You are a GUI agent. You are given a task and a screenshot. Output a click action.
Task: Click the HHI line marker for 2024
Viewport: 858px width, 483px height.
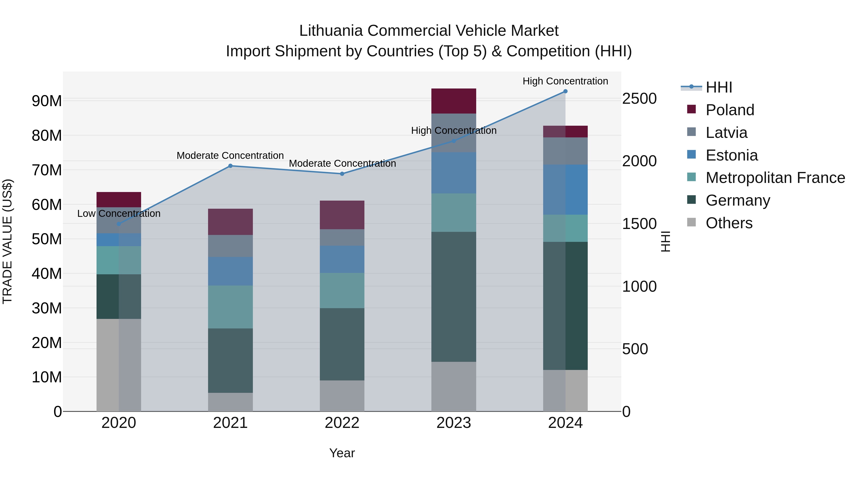pos(565,91)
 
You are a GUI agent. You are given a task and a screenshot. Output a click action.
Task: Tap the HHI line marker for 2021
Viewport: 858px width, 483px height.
pos(230,166)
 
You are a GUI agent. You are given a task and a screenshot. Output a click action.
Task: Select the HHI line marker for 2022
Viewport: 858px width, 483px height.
pos(342,174)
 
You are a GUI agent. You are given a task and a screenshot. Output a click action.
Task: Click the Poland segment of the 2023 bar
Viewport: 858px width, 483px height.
pos(454,101)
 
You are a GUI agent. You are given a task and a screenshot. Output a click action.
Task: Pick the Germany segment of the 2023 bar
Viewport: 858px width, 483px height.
pos(454,297)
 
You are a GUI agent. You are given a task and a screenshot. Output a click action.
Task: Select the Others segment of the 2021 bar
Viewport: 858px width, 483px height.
pos(230,402)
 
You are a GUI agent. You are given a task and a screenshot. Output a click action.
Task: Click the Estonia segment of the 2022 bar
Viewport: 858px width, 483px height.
pos(342,259)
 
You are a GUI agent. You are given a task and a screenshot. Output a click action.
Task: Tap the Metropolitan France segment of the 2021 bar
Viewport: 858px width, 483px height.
pos(230,307)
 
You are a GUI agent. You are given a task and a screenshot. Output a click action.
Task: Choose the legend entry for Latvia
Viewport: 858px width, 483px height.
pos(726,133)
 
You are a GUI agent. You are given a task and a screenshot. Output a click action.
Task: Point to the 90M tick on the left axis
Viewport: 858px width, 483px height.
pos(47,101)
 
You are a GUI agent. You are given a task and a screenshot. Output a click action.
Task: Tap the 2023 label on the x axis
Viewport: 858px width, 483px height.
pos(454,423)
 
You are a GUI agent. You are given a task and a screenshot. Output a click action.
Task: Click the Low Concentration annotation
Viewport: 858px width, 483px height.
pos(119,213)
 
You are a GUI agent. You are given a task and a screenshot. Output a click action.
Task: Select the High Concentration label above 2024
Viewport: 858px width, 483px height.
pos(565,81)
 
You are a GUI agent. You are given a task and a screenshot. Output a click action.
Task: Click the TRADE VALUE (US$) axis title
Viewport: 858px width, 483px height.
pos(8,241)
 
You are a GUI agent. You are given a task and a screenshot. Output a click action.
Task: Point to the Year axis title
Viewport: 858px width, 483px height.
pos(342,453)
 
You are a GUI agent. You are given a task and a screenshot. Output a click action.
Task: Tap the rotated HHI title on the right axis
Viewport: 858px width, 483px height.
pos(665,241)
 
